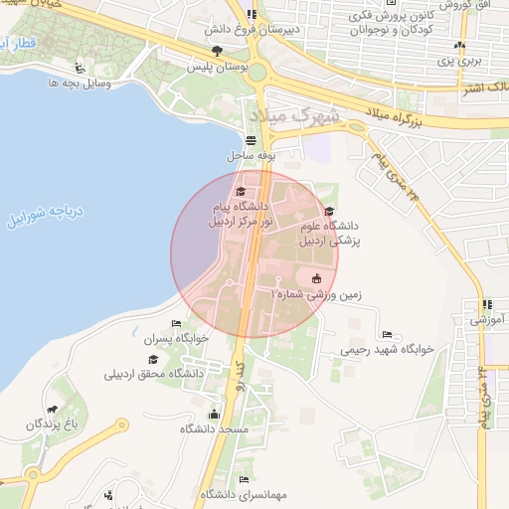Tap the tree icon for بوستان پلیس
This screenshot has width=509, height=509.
pos(216,50)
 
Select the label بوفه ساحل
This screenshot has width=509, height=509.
pos(250,156)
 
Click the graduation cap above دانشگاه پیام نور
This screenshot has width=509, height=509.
pos(240,191)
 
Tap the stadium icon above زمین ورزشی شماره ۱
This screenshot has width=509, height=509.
pos(316,278)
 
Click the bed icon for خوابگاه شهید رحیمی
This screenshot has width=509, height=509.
pos(387,334)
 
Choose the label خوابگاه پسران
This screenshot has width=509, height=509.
pos(177,338)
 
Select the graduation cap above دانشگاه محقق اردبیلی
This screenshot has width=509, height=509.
pos(154,359)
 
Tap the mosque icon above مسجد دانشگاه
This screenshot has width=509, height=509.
pos(213,414)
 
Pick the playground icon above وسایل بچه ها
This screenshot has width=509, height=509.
pos(80,69)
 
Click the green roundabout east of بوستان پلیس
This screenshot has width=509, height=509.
pos(258,73)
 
